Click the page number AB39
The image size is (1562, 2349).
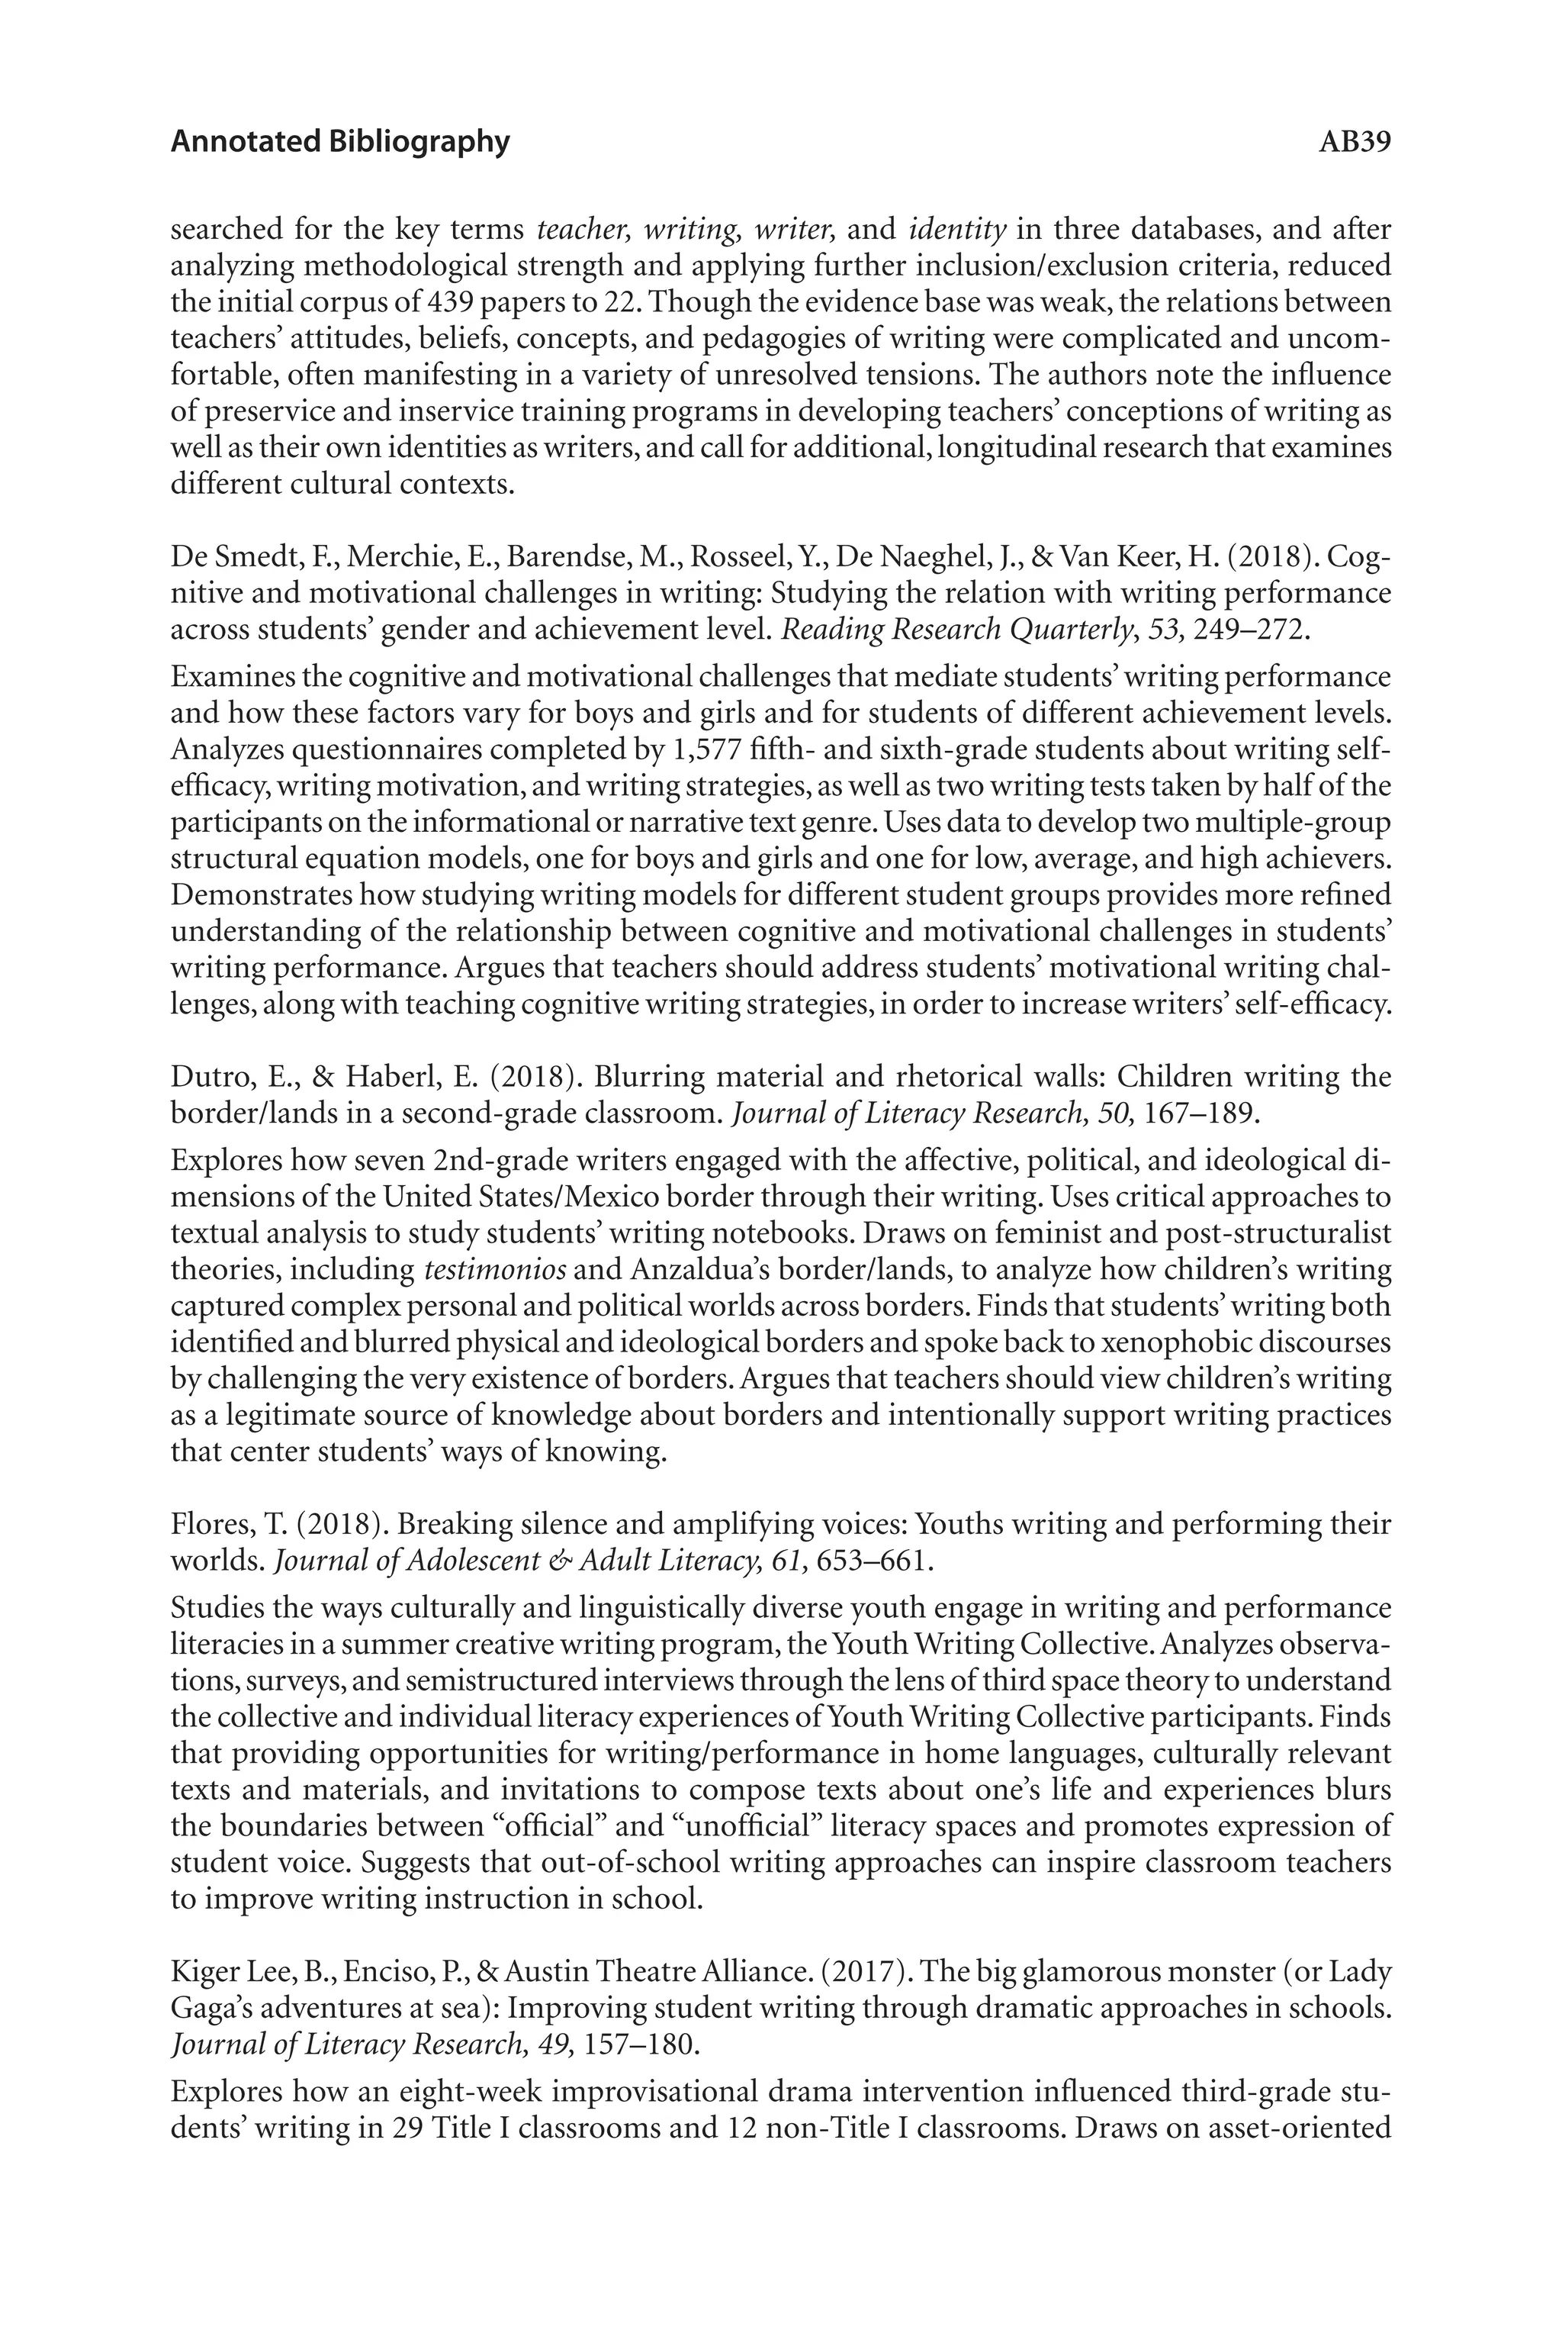click(x=1354, y=143)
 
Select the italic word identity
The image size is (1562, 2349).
click(x=956, y=230)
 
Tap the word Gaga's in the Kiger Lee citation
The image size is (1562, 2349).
click(x=212, y=2008)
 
